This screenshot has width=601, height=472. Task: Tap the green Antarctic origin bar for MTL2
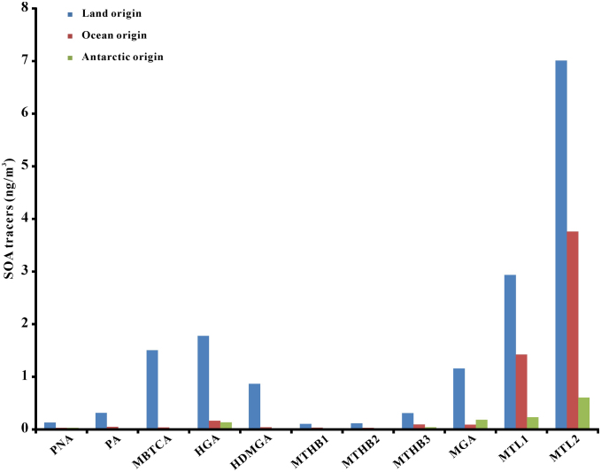(584, 413)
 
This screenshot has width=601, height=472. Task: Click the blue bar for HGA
(203, 382)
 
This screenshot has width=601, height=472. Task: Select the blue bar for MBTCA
(152, 389)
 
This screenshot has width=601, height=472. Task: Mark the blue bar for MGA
(458, 398)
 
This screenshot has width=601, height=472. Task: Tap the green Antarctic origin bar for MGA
(482, 424)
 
